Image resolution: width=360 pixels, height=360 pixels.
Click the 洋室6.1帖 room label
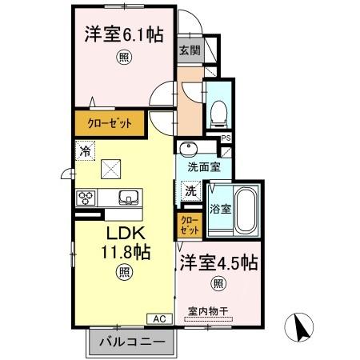122,36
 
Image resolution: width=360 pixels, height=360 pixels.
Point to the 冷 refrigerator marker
85,150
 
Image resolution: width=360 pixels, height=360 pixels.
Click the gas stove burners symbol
86,197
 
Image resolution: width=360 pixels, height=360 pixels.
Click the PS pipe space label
226,138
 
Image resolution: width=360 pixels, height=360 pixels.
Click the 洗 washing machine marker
190,190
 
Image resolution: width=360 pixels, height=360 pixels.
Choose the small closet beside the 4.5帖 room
187,225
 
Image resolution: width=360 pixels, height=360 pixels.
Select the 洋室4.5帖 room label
218,262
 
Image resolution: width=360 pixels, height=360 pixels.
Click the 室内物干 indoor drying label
209,311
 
